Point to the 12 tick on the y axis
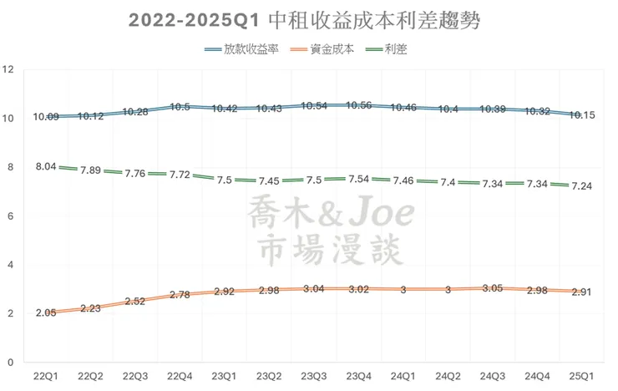tap(9, 69)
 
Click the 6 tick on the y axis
tap(9, 216)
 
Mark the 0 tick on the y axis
tap(9, 363)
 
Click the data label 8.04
tap(47, 167)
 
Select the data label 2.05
tap(47, 312)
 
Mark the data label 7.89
tap(92, 170)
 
